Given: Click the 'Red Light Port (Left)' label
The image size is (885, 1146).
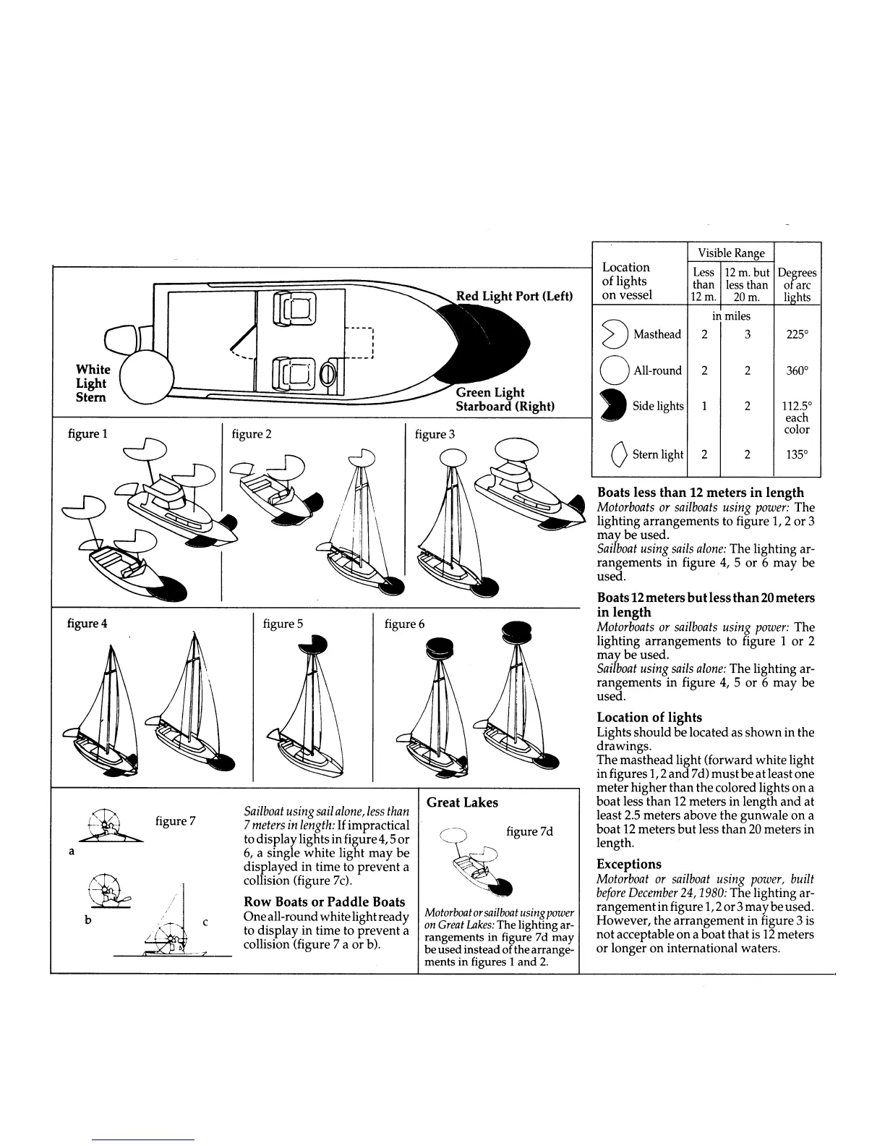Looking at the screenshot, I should point(514,296).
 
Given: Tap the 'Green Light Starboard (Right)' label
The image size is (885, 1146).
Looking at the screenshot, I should point(504,399).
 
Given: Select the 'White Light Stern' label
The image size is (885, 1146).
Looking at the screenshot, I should point(93,383).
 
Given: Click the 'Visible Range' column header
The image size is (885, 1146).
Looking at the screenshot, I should point(731,253).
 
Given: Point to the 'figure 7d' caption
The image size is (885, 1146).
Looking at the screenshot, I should point(530,831).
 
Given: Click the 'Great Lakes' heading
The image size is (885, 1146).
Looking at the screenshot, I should point(462,802).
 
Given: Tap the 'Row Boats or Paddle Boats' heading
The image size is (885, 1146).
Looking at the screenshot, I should point(325,902).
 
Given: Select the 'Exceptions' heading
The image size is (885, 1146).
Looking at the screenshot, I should point(629,864).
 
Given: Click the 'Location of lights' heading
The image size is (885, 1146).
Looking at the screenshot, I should point(649,717).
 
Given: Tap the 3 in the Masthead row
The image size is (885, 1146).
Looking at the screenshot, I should point(747,334).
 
